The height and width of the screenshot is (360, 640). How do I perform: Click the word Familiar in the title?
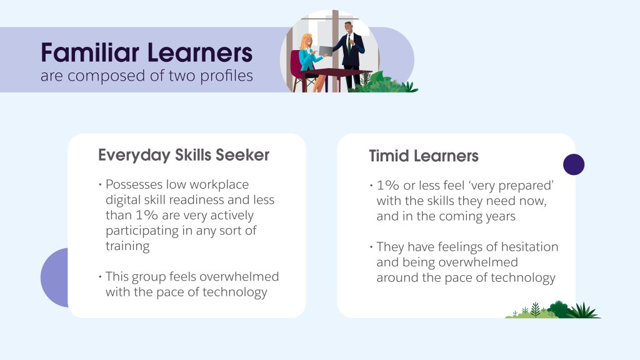[x=90, y=52]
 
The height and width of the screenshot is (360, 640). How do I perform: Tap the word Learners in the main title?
[x=200, y=52]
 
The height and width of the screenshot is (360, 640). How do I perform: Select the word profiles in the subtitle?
[x=226, y=76]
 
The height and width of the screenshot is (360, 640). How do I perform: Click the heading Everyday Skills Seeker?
[x=184, y=156]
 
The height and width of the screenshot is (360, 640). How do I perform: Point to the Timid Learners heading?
[x=424, y=156]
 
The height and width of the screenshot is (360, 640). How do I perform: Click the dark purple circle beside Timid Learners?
[x=574, y=164]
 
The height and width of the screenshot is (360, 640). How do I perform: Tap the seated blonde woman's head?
[x=306, y=41]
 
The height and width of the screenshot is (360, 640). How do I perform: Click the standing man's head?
[x=348, y=27]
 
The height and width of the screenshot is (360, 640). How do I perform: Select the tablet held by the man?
[x=326, y=51]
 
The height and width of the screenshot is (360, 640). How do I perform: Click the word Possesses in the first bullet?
[x=134, y=184]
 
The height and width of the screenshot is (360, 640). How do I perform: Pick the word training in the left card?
[x=127, y=246]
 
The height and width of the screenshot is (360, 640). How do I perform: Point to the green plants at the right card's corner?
[x=552, y=310]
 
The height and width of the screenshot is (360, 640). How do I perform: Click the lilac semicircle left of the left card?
[x=55, y=277]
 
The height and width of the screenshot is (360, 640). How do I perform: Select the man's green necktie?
[x=349, y=44]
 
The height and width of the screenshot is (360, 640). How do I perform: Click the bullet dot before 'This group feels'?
[x=100, y=277]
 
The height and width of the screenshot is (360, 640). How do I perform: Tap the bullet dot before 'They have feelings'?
[x=371, y=247]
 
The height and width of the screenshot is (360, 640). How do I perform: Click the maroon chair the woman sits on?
[x=298, y=69]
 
